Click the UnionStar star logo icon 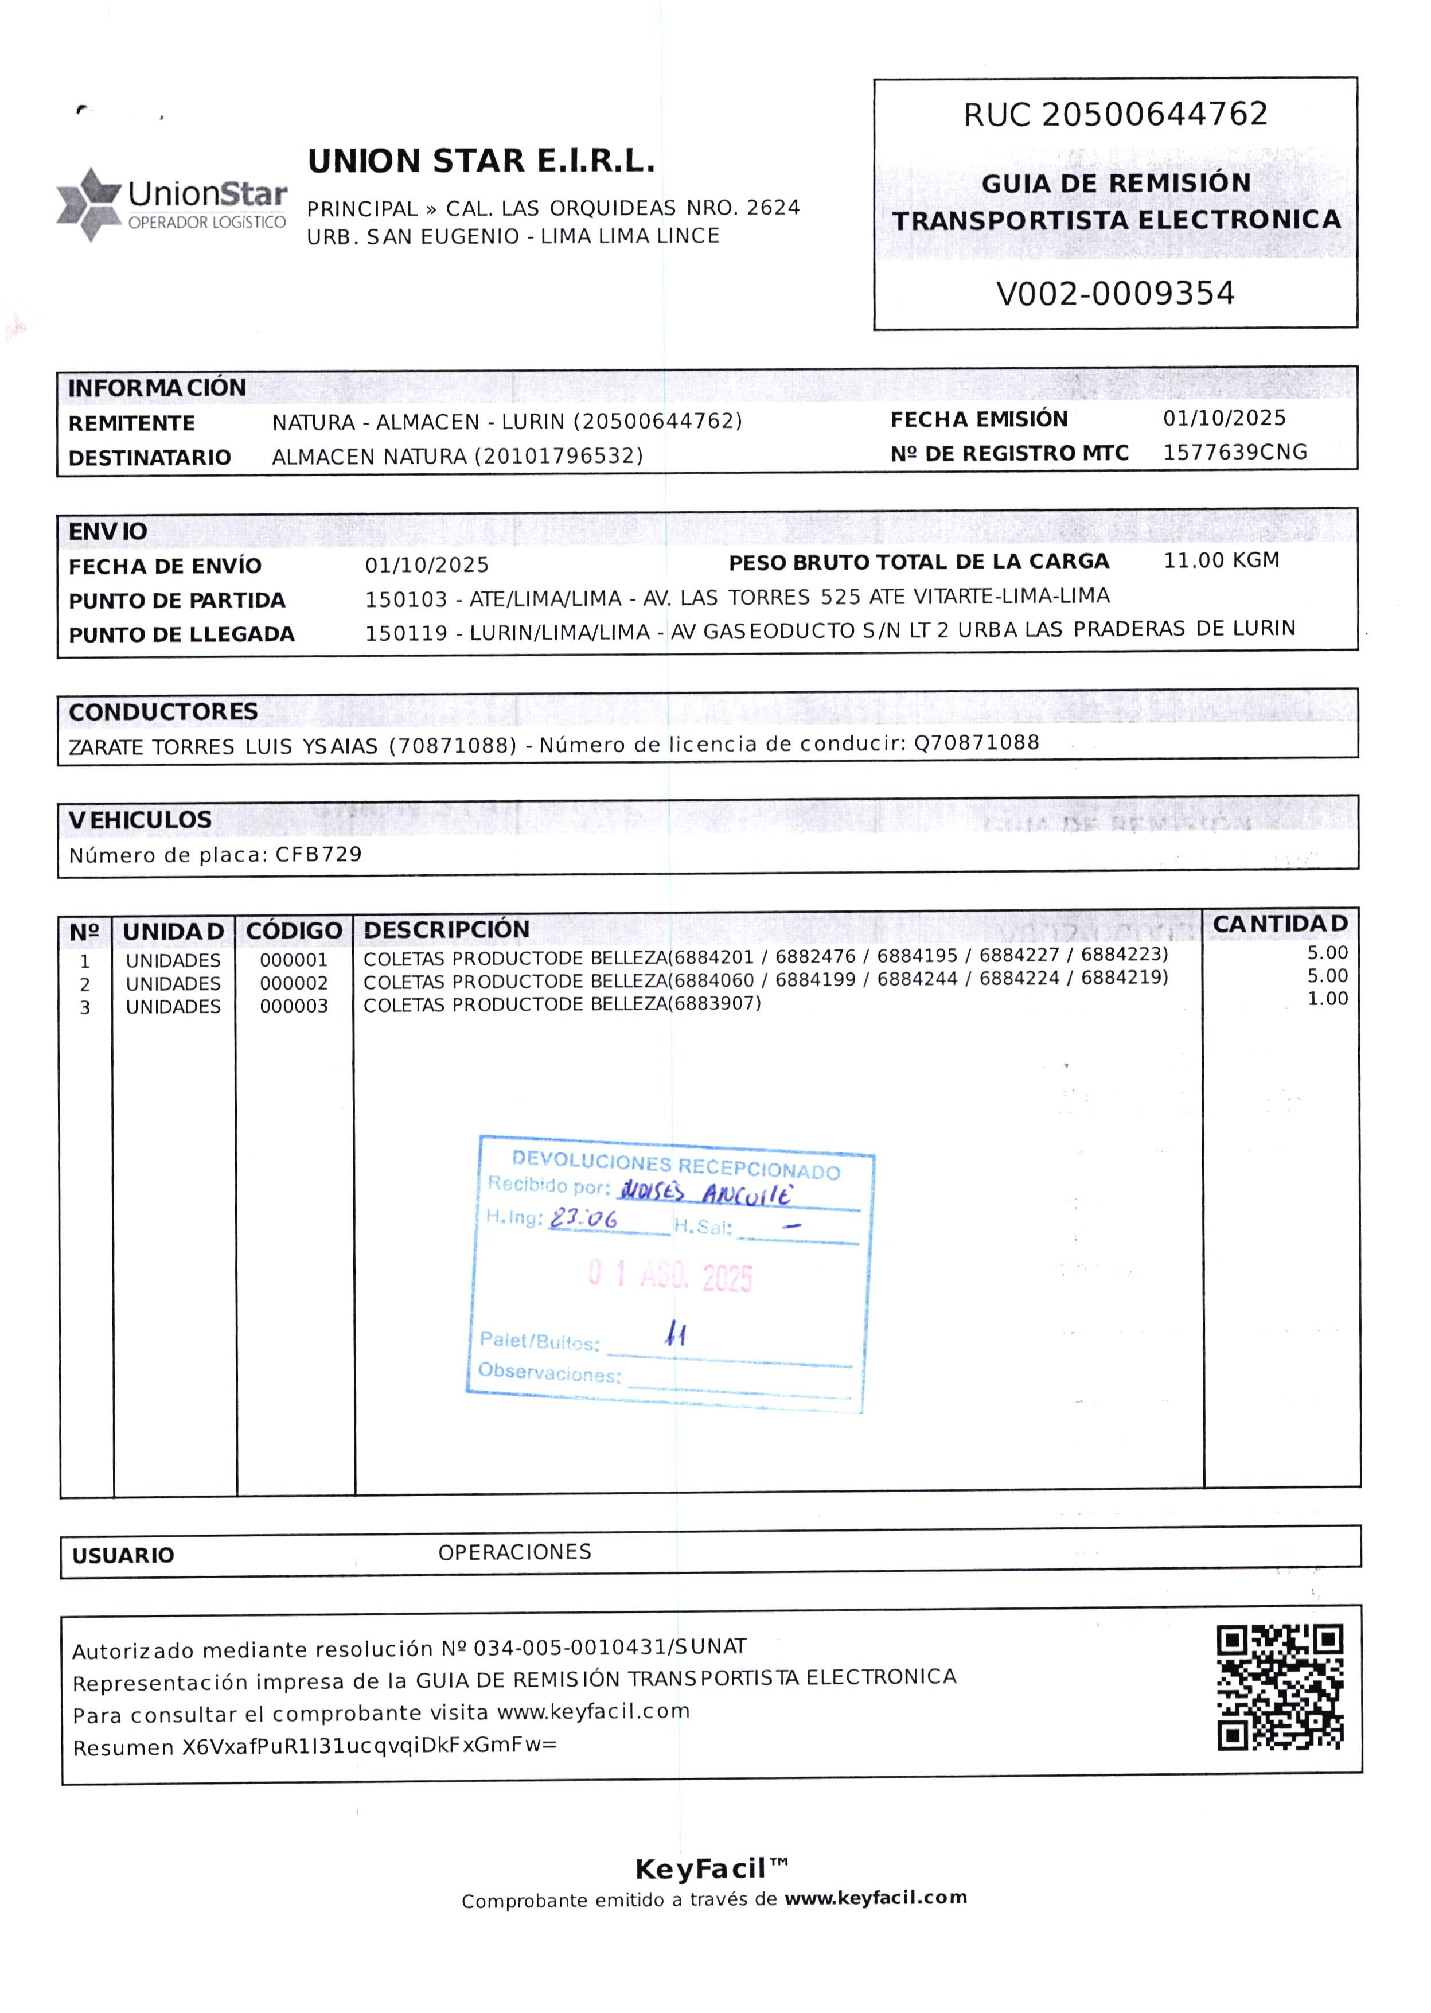pos(88,204)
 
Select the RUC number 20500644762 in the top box pos(1155,115)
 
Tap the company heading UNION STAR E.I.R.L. pos(481,161)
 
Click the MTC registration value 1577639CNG pos(1234,452)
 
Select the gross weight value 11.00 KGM pos(1221,560)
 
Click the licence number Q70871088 pos(976,742)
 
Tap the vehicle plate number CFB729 pos(318,854)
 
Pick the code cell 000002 pos(294,983)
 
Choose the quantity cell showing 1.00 pos(1327,999)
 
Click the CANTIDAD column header pos(1280,924)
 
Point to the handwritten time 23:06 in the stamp pos(583,1219)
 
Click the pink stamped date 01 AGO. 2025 pos(670,1275)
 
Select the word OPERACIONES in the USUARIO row pos(514,1552)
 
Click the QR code pos(1280,1687)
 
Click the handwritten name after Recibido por pos(705,1193)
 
